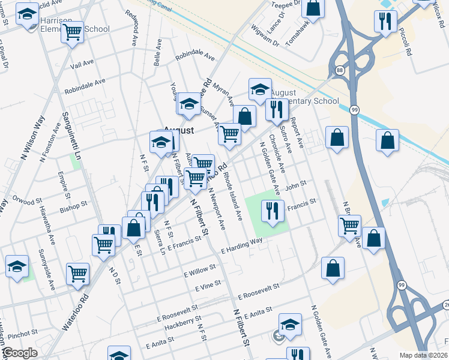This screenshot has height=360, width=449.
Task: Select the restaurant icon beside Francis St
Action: (x=273, y=210)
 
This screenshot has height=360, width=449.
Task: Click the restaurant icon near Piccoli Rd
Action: (x=383, y=22)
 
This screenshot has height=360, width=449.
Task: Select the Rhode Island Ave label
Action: (x=234, y=196)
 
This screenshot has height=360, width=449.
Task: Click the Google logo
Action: (x=20, y=353)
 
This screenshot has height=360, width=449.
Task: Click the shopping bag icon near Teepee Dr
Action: (x=313, y=7)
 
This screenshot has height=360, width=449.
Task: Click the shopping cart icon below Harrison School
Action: (x=72, y=33)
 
